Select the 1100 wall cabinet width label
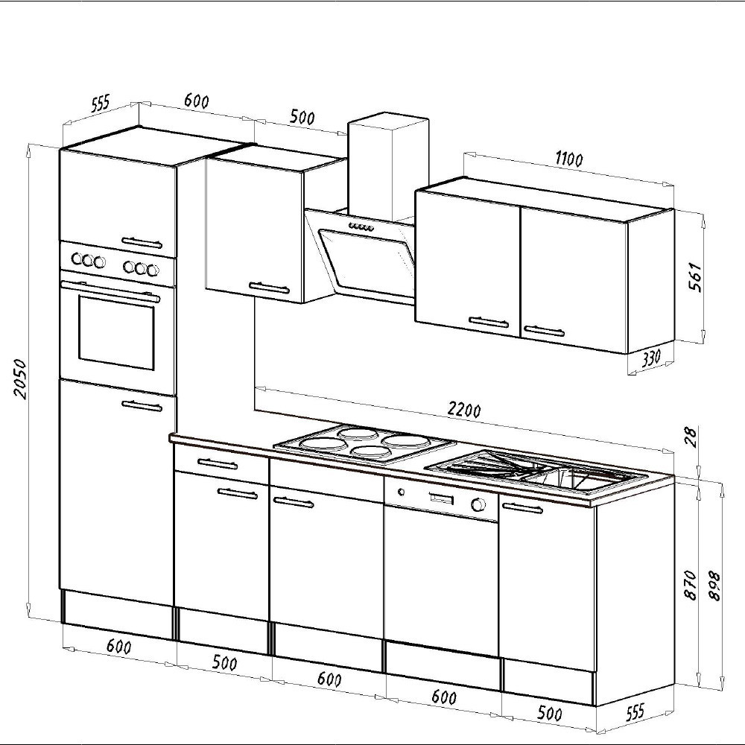pyautogui.click(x=568, y=159)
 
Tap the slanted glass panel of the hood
pyautogui.click(x=369, y=257)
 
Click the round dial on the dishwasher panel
pyautogui.click(x=478, y=505)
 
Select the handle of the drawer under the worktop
pyautogui.click(x=218, y=464)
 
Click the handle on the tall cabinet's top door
pyautogui.click(x=141, y=241)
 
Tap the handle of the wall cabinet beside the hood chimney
pyautogui.click(x=269, y=286)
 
